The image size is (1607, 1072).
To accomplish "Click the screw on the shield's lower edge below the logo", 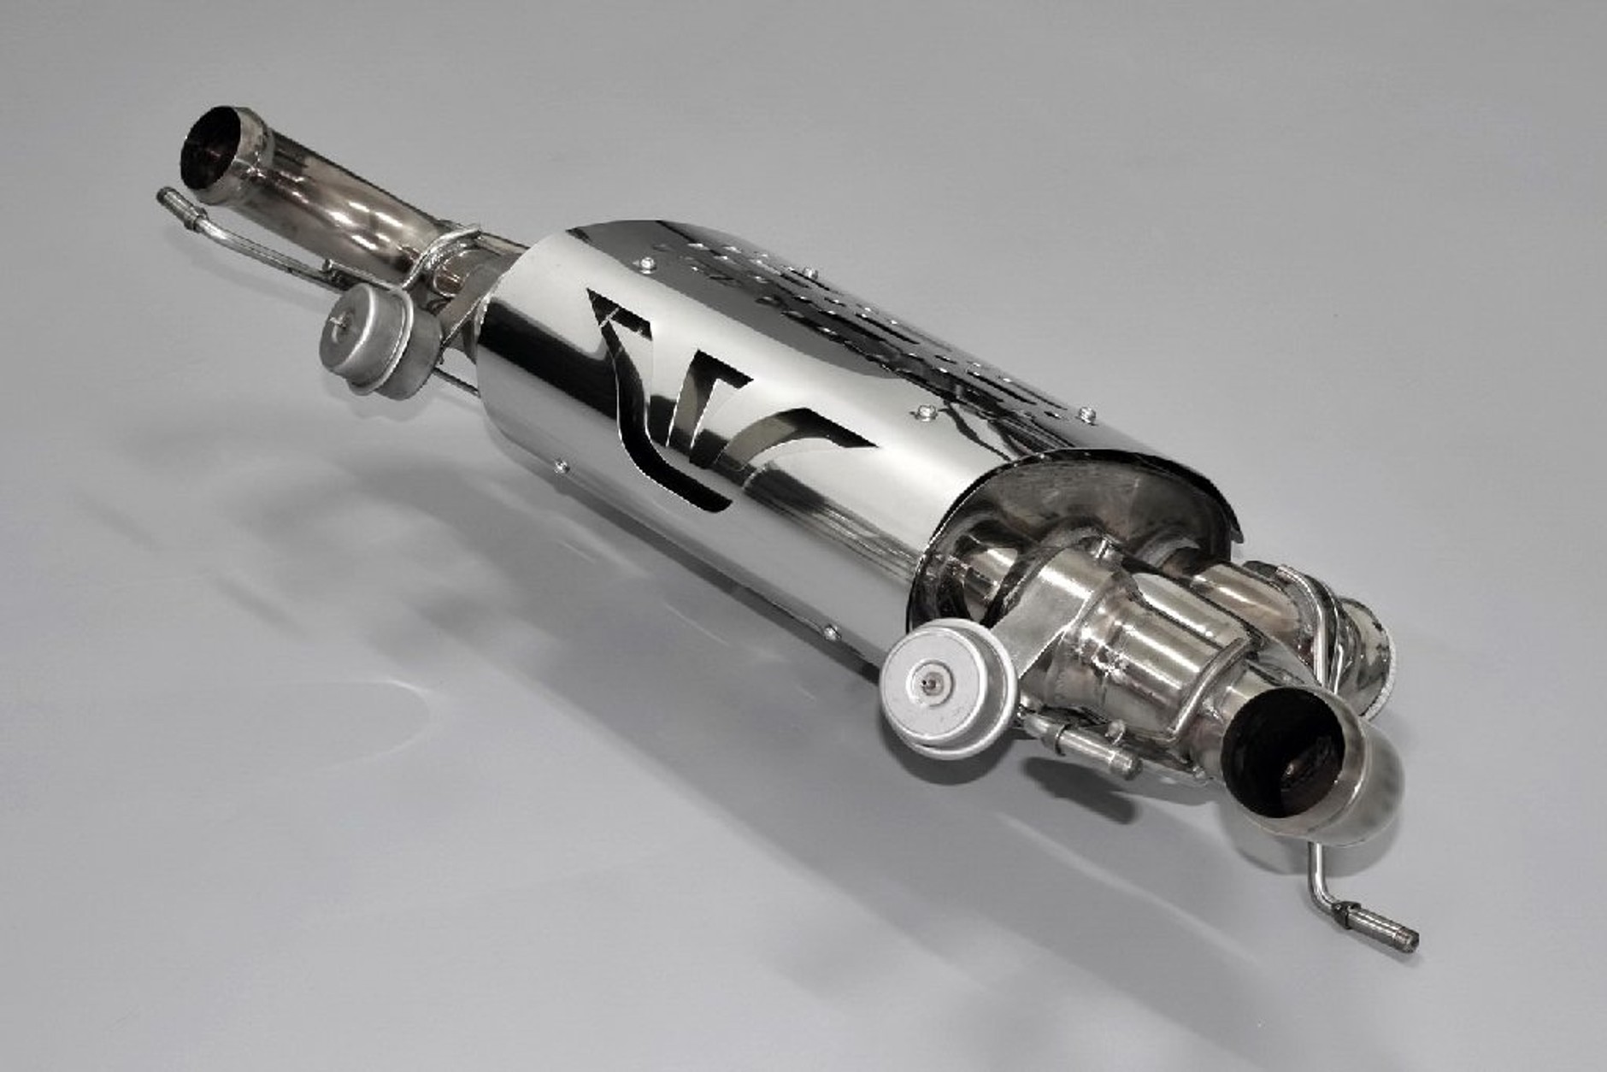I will point(561,466).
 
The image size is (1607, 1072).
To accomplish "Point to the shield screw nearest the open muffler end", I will point(1087,415).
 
